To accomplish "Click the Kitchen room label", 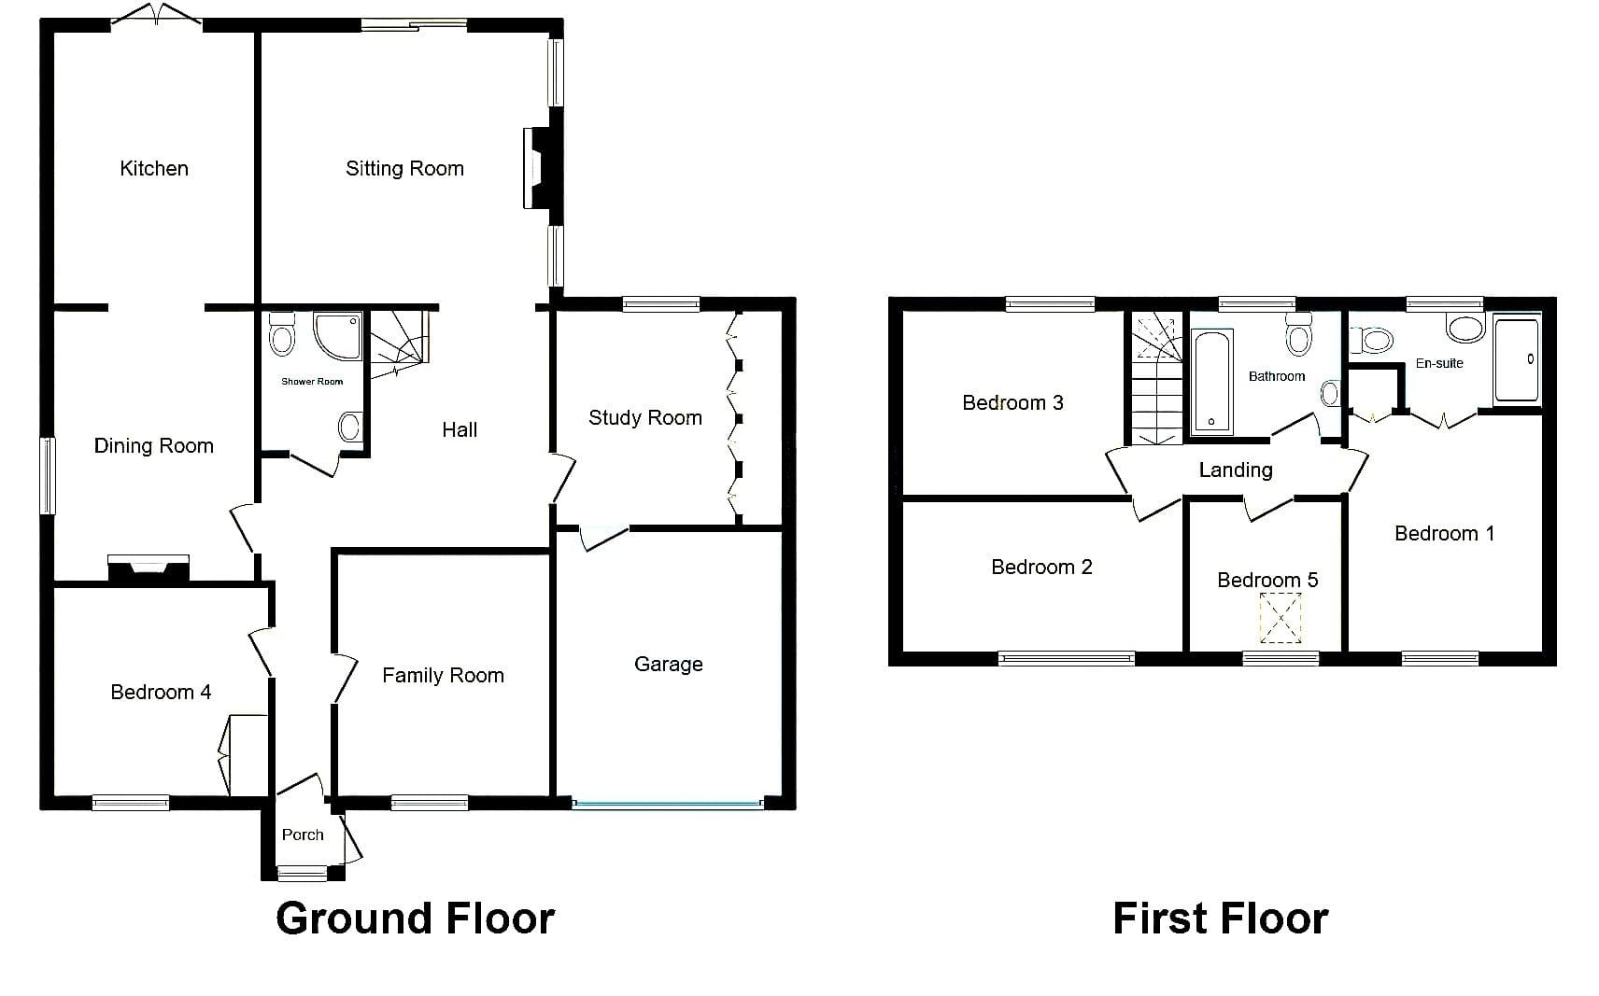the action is pos(154,168).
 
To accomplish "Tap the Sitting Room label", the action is pos(404,168).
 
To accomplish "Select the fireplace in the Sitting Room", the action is pos(538,168).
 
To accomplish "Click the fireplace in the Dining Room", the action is pos(149,568).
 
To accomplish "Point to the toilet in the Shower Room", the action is pos(282,334).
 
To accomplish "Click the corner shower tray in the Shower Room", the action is pos(338,335).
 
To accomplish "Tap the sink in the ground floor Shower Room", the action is pos(349,427).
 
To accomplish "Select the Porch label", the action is pos(303,835).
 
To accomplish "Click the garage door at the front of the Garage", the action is pos(668,804).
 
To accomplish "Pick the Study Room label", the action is pos(645,417).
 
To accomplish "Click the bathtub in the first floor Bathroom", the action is pos(1212,382).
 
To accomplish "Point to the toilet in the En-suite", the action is pos(1371,341).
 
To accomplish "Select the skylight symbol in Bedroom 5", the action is pos(1281,618).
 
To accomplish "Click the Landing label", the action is pos(1236,470).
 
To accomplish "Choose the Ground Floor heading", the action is pos(415,919).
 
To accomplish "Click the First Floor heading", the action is pos(1221,919).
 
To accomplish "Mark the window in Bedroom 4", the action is pos(131,804).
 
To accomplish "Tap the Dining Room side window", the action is pos(47,476).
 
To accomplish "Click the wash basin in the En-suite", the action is pos(1465,329).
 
